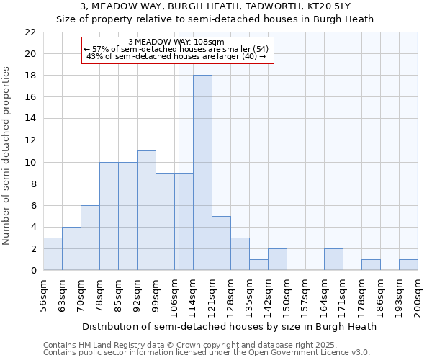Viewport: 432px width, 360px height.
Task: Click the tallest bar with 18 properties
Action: click(202, 173)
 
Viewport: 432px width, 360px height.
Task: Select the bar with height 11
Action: click(146, 210)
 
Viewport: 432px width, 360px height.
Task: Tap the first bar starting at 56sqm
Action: click(53, 253)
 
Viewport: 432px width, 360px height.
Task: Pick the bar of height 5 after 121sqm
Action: click(221, 243)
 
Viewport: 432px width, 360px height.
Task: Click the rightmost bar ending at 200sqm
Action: click(408, 264)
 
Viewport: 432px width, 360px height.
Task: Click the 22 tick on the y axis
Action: click(30, 32)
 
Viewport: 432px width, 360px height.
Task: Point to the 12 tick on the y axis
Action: click(30, 140)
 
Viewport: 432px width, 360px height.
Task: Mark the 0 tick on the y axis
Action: click(32, 271)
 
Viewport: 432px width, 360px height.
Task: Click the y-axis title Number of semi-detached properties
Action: click(7, 156)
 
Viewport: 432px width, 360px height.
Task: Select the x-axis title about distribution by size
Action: click(229, 326)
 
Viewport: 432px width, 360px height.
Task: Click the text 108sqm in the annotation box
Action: click(213, 42)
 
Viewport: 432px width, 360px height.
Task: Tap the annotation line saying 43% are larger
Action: click(176, 56)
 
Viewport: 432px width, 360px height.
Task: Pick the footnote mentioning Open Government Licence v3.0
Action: click(207, 353)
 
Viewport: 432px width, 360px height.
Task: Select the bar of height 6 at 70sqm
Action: click(90, 238)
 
